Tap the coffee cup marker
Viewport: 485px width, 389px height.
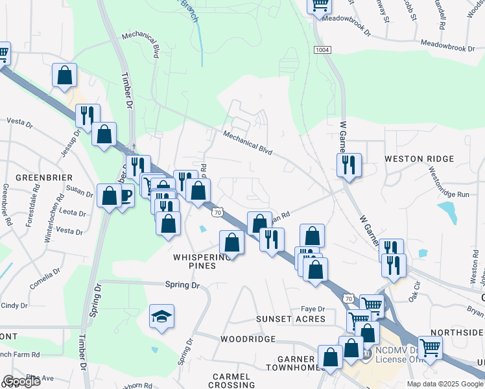point(124,196)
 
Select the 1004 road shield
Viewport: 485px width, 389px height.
point(322,50)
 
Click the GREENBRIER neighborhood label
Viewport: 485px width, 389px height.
point(44,177)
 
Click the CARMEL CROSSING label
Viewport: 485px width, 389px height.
point(231,381)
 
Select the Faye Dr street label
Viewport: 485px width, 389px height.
point(312,309)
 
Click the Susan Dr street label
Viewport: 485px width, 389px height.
point(79,191)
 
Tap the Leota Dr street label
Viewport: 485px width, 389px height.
point(72,212)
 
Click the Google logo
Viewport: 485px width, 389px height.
point(21,381)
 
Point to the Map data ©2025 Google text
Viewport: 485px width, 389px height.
point(445,384)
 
